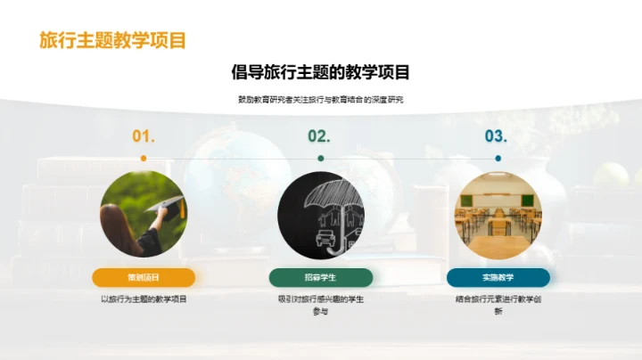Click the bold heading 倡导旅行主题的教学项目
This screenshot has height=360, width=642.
pos(320,72)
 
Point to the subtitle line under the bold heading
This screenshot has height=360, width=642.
pos(320,100)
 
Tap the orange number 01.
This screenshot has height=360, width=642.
pos(144,136)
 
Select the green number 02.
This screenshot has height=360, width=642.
pos(319,136)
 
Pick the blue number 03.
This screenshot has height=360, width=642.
pos(496,136)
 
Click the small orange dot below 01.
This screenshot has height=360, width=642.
pos(144,158)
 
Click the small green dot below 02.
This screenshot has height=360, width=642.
pos(320,158)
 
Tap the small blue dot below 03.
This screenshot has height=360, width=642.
pos(498,158)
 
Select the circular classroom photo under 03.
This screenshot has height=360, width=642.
pos(498,215)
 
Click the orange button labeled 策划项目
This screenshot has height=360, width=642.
pos(144,276)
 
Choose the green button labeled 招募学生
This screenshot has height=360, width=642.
pos(320,276)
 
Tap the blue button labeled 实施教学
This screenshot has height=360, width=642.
pos(498,276)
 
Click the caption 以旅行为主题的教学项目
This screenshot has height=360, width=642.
pos(144,299)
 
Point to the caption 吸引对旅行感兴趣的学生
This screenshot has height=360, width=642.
pos(320,299)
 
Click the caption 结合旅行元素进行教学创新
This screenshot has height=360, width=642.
pos(498,305)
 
